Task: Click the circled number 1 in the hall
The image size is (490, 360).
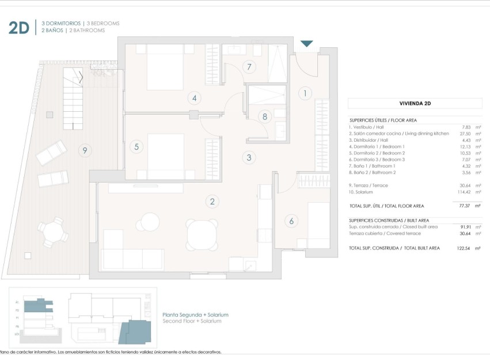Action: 305,93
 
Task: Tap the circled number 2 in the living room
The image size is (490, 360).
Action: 212,201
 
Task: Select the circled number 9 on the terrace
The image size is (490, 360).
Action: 85,151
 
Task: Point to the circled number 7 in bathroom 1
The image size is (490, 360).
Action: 249,67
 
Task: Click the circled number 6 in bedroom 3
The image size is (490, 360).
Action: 291,220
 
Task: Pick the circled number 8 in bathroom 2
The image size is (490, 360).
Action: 264,116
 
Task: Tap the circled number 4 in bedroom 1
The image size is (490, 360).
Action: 195,98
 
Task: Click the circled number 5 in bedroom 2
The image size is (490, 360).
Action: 136,146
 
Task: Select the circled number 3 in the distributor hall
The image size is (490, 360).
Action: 249,157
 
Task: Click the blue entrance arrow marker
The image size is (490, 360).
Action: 307,43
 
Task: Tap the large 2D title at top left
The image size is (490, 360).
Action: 18,28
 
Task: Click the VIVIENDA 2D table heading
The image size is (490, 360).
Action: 415,104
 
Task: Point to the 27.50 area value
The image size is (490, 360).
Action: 465,133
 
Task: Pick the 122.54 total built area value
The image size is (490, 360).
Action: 463,248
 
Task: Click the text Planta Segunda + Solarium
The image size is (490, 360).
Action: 196,314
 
